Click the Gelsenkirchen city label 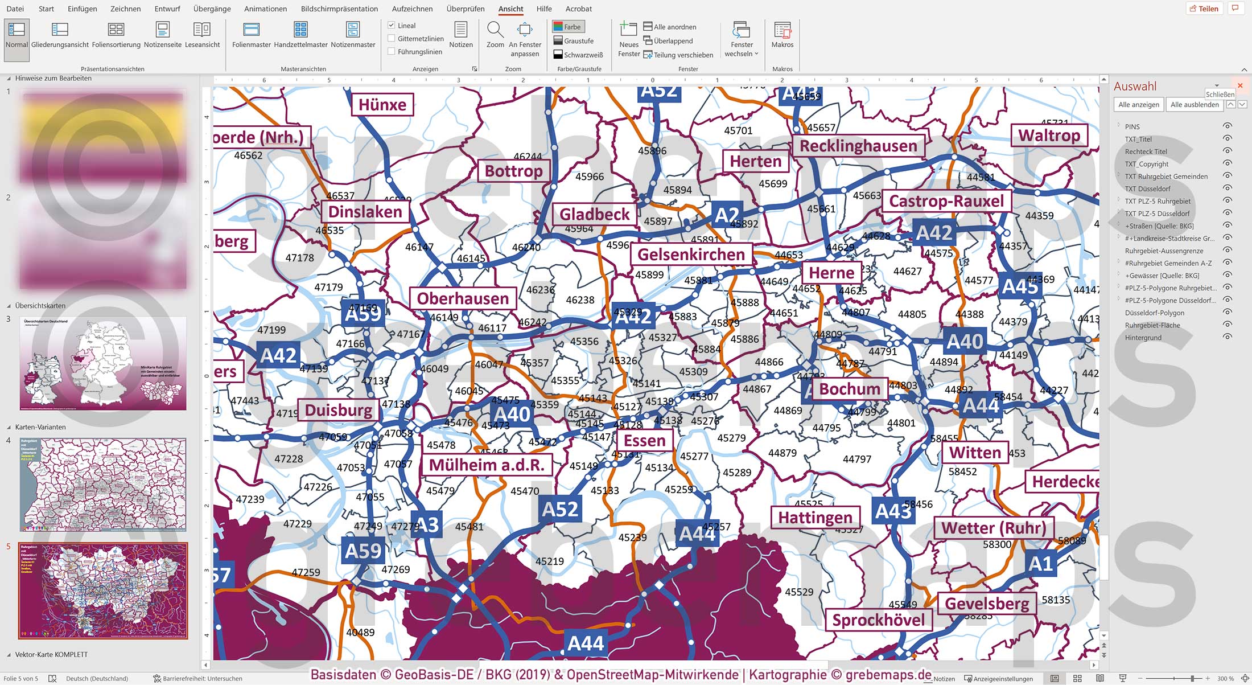[x=691, y=255]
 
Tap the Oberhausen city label [x=463, y=298]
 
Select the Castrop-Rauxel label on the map [x=946, y=201]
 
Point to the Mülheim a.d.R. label [x=487, y=465]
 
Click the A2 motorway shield [x=727, y=215]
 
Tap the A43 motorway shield [x=893, y=511]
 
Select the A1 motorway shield [x=1041, y=563]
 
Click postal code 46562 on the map [x=248, y=155]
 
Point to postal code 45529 [x=799, y=592]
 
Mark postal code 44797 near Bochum [x=857, y=459]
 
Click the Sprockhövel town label [x=878, y=620]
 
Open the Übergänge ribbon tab [x=212, y=9]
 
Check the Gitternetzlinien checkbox [x=392, y=39]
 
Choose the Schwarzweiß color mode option [x=578, y=55]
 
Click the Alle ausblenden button [x=1194, y=105]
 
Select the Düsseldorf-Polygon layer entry [x=1154, y=313]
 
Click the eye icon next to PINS [x=1228, y=126]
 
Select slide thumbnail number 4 [x=103, y=485]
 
